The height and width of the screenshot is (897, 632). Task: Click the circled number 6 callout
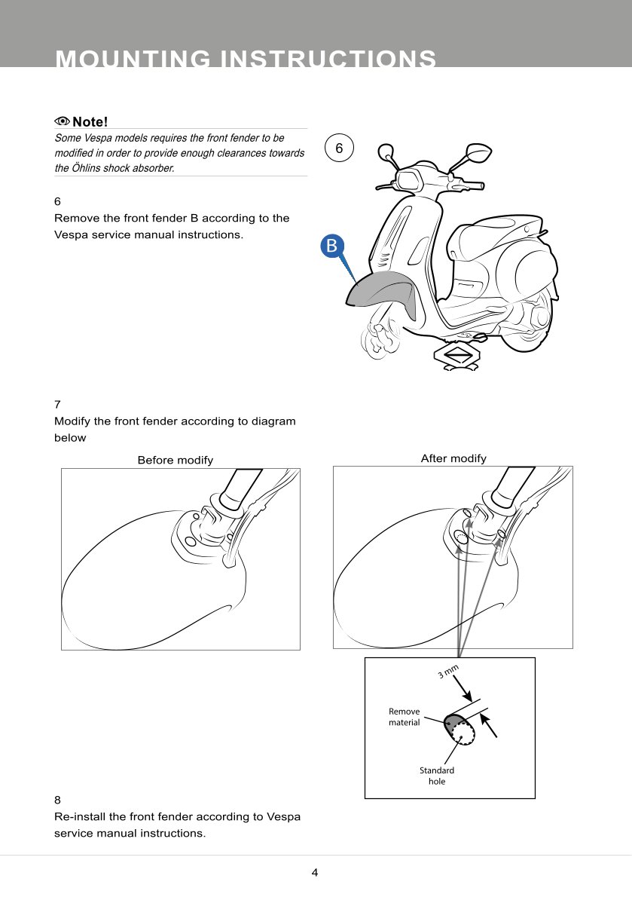tap(339, 149)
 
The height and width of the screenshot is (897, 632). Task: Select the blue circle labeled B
tap(331, 245)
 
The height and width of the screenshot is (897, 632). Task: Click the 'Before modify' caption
tap(175, 460)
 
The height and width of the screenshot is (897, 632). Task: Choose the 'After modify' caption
tap(453, 458)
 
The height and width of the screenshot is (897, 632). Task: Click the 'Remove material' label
tap(405, 717)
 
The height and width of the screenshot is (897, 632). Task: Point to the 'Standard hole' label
tap(437, 776)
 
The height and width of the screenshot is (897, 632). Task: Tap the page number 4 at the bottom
tap(315, 873)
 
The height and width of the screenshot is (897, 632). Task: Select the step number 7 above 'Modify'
tap(57, 405)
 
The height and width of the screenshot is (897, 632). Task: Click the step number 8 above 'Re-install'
tap(57, 800)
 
